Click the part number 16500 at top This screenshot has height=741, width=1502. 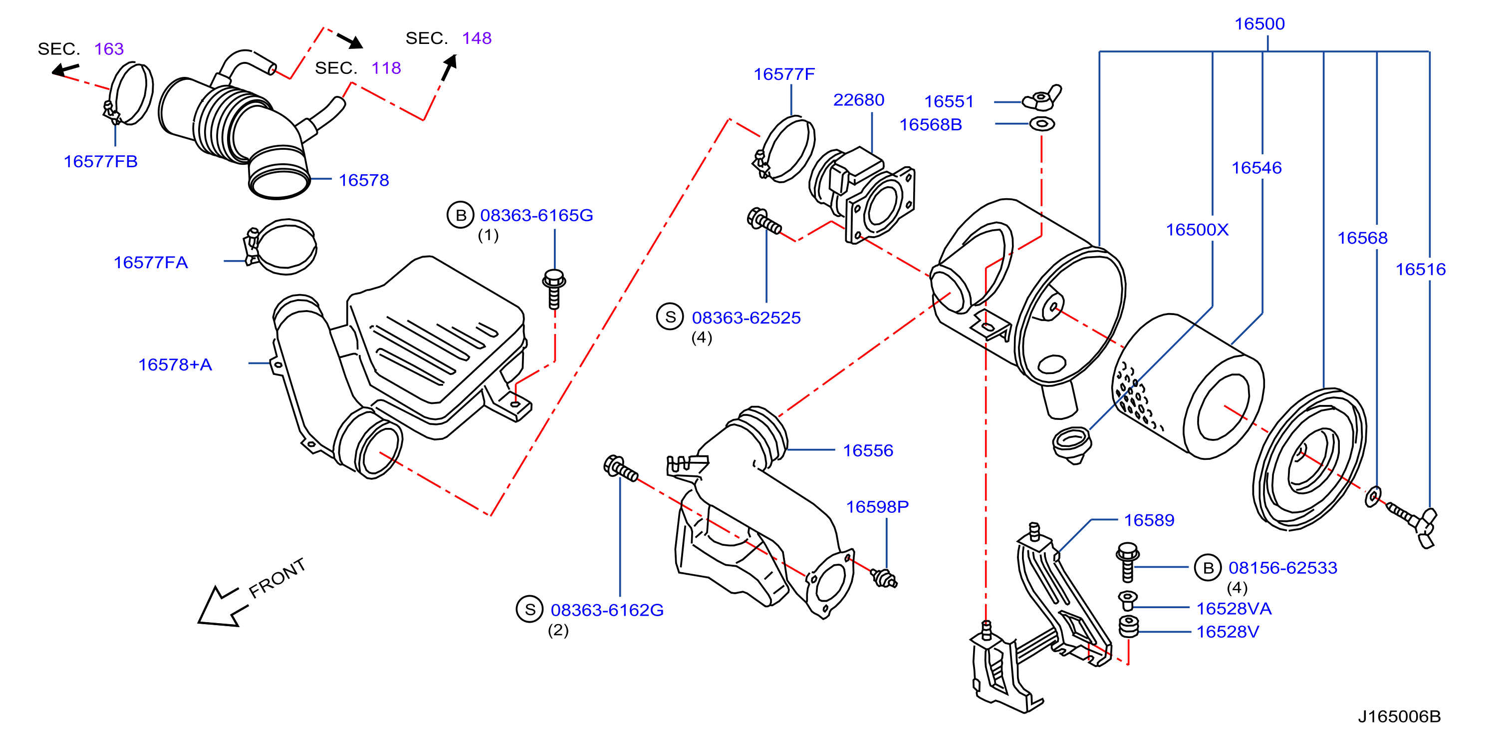coord(1259,24)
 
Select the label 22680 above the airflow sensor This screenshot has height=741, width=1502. coord(858,100)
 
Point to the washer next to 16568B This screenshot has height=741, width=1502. coord(1042,124)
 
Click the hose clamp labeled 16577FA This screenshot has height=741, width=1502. coord(281,247)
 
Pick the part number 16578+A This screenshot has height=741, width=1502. coord(175,365)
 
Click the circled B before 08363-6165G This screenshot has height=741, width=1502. coord(461,215)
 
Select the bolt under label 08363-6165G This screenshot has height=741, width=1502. coord(554,289)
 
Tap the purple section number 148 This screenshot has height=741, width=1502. coord(477,38)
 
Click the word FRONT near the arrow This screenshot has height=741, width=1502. coord(277,578)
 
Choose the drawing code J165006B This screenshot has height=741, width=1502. coord(1399,716)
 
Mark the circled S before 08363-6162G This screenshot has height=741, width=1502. coord(529,610)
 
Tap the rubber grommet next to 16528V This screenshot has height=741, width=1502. coord(1129,627)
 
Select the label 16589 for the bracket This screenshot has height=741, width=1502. coord(1149,520)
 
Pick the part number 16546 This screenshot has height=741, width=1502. coord(1256,168)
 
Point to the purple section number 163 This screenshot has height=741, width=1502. coord(109,48)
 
